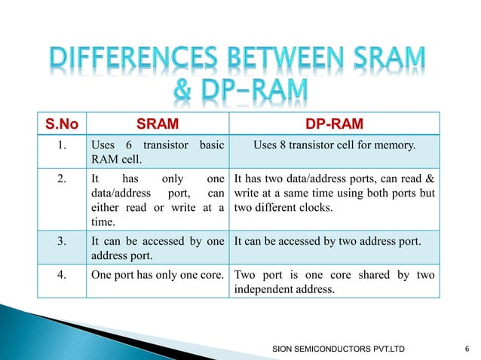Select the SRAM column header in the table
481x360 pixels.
coord(157,123)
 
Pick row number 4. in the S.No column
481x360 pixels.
coord(64,274)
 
